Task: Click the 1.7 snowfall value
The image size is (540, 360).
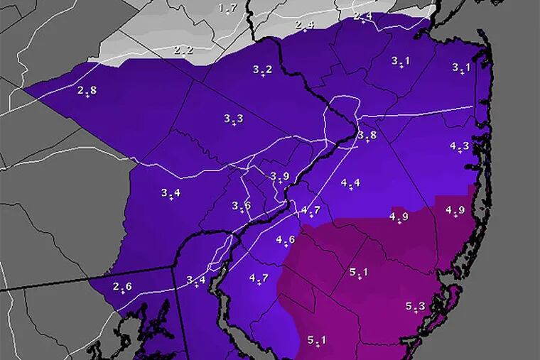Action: [227, 8]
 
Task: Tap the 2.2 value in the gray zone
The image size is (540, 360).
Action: [183, 50]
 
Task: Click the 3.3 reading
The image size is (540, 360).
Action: [233, 118]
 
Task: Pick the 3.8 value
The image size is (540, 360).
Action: [367, 135]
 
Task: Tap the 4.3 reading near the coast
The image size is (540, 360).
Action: [460, 146]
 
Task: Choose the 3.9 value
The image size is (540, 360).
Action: [280, 176]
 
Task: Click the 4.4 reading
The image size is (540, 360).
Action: [350, 182]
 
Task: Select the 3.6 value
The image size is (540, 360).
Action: [241, 206]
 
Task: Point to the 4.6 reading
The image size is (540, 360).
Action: [286, 239]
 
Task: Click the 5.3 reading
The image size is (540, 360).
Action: [416, 306]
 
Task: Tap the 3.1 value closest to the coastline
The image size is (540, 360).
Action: [461, 67]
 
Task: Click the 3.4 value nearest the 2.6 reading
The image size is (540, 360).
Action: [196, 280]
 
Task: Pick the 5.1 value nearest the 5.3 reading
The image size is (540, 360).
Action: [359, 272]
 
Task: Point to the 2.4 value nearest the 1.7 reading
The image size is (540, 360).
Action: [305, 25]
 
